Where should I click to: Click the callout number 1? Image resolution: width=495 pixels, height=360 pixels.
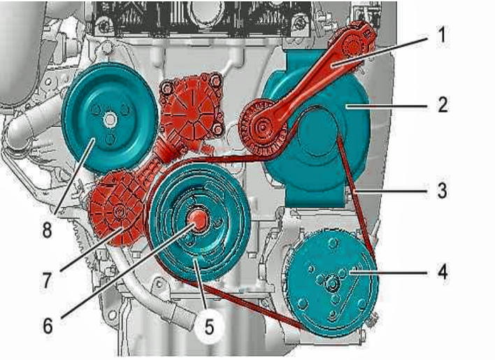(443, 34)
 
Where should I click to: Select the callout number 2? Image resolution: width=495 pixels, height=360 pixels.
(443, 104)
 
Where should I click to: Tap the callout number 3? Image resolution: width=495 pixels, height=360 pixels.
(443, 190)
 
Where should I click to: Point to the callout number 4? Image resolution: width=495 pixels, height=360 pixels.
(443, 272)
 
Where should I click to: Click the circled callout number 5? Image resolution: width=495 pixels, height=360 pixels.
(209, 326)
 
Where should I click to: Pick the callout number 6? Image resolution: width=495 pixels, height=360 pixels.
(48, 326)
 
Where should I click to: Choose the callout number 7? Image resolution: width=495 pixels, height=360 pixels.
(47, 280)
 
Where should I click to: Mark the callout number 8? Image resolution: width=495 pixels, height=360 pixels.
(47, 230)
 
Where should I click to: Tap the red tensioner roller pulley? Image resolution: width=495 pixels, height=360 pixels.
(261, 127)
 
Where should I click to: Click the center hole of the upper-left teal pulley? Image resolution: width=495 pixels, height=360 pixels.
(110, 120)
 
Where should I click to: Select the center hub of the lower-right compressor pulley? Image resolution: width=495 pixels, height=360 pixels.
(332, 282)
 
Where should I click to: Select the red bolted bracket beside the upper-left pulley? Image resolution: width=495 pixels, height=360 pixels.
(191, 106)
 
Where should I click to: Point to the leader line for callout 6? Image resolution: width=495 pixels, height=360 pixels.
(127, 271)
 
